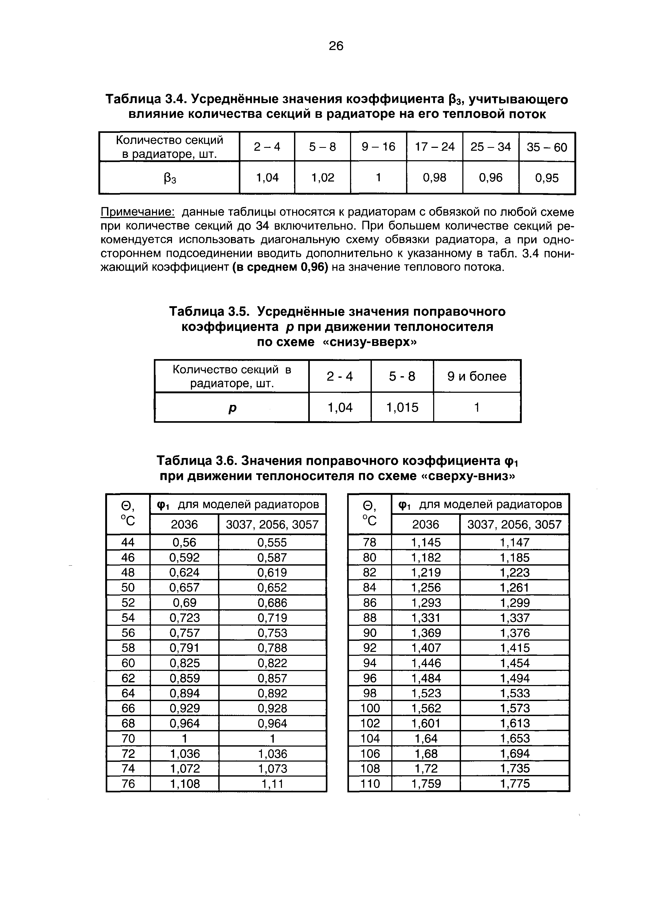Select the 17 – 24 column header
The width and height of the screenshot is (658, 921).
click(434, 147)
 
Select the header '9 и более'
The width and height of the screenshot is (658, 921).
click(477, 376)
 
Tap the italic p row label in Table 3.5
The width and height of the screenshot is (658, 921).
click(232, 407)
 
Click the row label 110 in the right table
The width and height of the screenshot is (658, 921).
click(370, 784)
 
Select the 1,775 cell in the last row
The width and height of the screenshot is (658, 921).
click(515, 784)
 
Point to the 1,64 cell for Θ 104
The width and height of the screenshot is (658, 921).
click(426, 738)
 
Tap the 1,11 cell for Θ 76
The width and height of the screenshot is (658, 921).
click(272, 784)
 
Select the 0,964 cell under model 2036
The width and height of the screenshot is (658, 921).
click(184, 723)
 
